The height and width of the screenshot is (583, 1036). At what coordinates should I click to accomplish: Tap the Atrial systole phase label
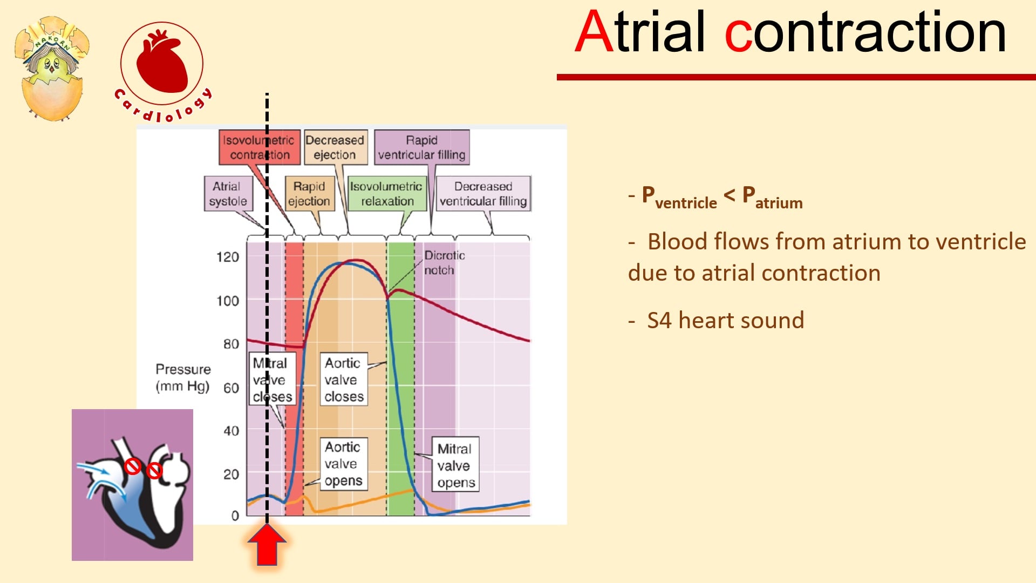click(x=229, y=193)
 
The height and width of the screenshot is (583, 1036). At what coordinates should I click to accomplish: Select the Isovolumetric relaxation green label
click(x=387, y=193)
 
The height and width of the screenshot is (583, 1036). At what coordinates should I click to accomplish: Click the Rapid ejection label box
click(x=309, y=193)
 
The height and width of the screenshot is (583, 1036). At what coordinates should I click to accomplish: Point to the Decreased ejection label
click(x=335, y=147)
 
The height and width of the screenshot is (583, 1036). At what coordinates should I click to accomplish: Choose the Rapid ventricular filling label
click(x=422, y=147)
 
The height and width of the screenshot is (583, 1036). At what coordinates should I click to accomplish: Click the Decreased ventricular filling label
click(x=483, y=193)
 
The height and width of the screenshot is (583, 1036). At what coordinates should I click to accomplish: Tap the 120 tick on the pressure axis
click(x=228, y=257)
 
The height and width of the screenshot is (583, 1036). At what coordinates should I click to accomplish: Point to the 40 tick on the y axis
click(x=231, y=431)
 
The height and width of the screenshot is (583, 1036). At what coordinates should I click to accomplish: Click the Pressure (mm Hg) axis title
click(x=183, y=378)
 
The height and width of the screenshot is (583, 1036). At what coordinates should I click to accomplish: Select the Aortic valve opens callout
click(x=343, y=464)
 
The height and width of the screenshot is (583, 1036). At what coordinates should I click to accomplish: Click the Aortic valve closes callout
click(x=344, y=379)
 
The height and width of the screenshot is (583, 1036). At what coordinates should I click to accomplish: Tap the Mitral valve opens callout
click(x=455, y=465)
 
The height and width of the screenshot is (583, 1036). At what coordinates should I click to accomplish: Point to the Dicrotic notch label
click(x=444, y=262)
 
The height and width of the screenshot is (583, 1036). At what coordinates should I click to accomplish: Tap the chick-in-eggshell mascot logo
click(x=51, y=68)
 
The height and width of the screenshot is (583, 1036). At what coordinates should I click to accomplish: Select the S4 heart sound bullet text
click(x=725, y=320)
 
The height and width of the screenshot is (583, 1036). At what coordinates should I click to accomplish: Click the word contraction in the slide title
click(x=865, y=32)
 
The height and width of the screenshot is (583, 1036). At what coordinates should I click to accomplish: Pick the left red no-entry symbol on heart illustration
click(x=132, y=466)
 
